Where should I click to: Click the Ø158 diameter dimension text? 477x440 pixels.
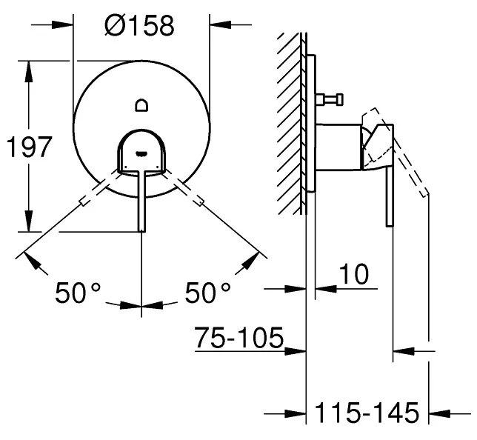[140, 25]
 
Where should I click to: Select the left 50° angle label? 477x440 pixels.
[78, 293]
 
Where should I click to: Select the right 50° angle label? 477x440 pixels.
[208, 293]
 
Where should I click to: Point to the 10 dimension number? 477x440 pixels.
[354, 274]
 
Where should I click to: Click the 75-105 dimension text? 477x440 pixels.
[239, 338]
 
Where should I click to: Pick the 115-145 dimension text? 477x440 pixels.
[367, 413]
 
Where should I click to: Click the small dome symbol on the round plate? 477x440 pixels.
[141, 105]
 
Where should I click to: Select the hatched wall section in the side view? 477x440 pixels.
[289, 123]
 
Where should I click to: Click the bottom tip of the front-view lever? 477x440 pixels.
[141, 231]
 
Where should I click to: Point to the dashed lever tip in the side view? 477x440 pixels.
[425, 195]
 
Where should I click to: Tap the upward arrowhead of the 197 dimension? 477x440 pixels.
[29, 71]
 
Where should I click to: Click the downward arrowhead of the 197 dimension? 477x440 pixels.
[29, 221]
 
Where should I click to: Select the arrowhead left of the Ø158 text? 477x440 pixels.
[62, 25]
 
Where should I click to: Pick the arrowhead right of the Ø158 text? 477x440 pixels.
[220, 24]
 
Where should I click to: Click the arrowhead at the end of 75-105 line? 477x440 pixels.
[295, 351]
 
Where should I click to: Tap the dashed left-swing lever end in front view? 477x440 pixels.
[83, 203]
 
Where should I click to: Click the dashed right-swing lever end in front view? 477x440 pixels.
[200, 202]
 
